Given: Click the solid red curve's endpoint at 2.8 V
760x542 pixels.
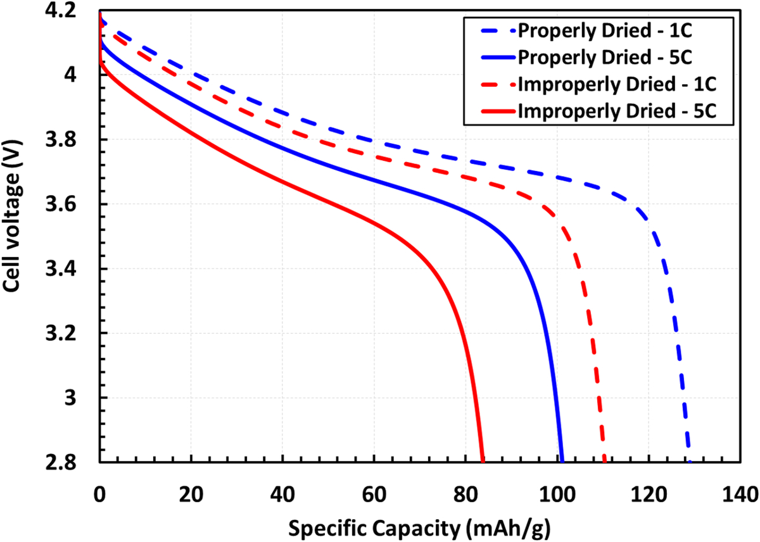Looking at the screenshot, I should click(x=483, y=462).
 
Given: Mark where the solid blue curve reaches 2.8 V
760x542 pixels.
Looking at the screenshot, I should click(x=562, y=462).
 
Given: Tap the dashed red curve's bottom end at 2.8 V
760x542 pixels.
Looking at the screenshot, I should click(x=604, y=462).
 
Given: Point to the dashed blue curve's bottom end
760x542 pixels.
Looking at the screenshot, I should click(x=689, y=462).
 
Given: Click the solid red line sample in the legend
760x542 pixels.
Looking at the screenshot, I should click(x=490, y=111).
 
